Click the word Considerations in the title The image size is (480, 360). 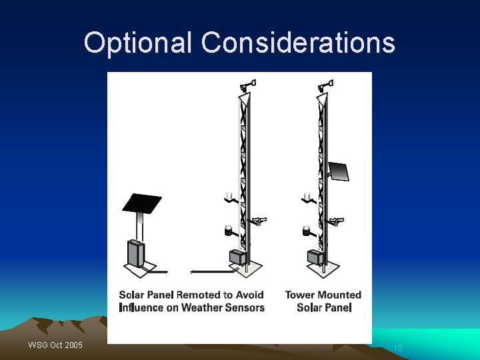[298, 43]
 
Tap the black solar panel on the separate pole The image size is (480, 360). [141, 203]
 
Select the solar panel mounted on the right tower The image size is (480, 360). [338, 172]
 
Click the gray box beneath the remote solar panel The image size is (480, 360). [136, 253]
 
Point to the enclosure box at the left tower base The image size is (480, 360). [238, 257]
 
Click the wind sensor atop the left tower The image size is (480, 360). [248, 85]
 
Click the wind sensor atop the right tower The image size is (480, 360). [327, 85]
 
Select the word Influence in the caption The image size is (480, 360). [141, 307]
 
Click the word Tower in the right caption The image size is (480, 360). [300, 295]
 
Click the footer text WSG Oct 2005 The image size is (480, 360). [55, 345]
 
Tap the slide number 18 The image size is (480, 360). [398, 348]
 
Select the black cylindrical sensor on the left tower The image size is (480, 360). [229, 231]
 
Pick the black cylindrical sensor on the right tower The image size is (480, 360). [307, 231]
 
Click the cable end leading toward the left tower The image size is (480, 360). [193, 271]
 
